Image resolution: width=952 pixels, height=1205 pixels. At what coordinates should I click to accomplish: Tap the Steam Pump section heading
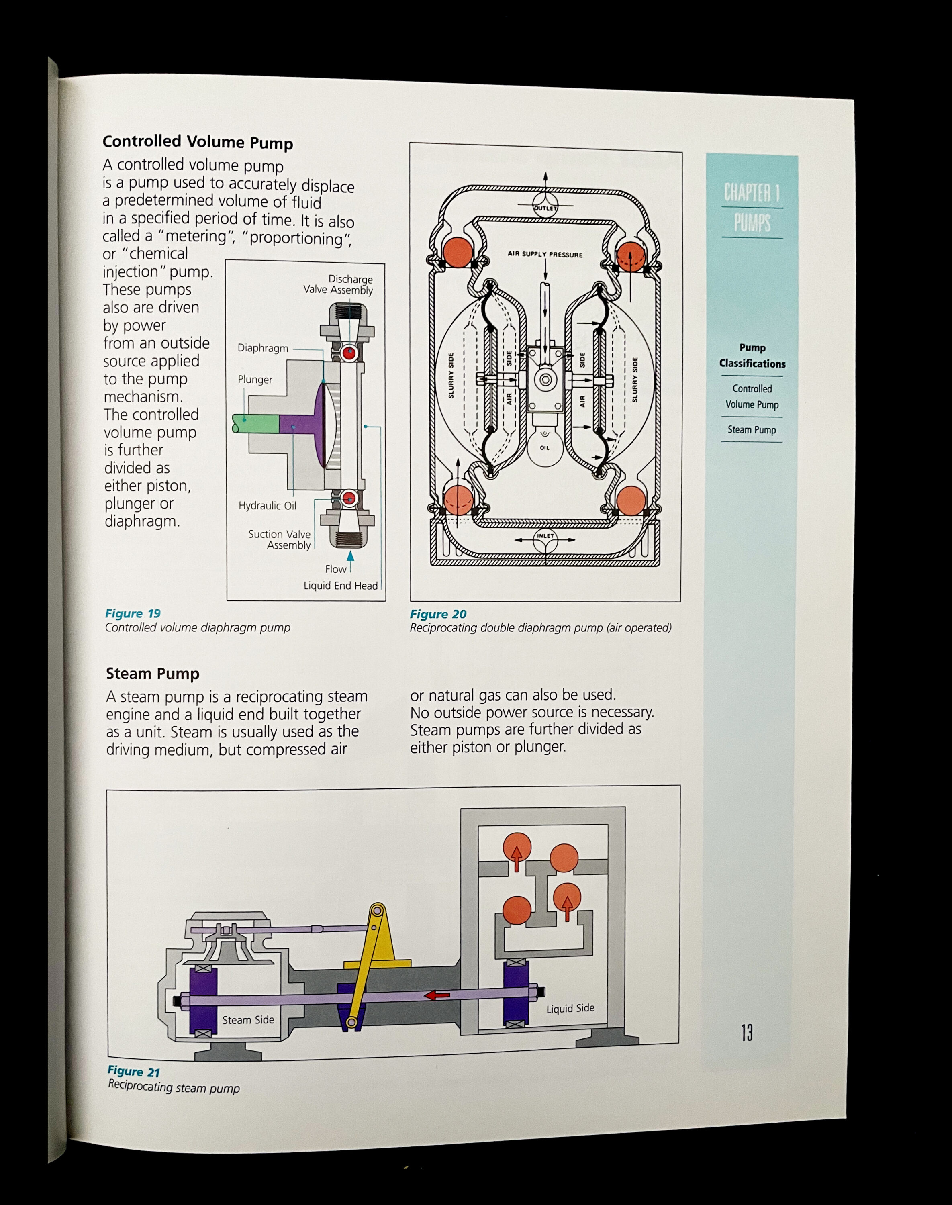pos(152,674)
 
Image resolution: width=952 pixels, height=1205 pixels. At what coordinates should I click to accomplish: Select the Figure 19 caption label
pos(133,614)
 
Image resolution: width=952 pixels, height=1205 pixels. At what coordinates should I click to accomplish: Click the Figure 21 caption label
pos(134,1071)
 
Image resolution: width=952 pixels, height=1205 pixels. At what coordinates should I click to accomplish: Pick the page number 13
pos(746,1033)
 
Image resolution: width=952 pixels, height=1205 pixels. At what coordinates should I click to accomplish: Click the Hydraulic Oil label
pos(267,506)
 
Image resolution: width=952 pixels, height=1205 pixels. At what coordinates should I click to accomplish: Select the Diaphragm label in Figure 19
pos(263,348)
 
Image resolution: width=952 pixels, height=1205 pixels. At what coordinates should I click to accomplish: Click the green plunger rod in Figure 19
pos(256,424)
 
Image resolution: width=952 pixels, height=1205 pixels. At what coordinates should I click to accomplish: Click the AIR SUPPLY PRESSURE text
pos(545,255)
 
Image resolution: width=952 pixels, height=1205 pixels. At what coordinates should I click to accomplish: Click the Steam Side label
pos(248,1020)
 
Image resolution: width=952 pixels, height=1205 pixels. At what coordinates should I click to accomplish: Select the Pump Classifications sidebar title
pos(752,355)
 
